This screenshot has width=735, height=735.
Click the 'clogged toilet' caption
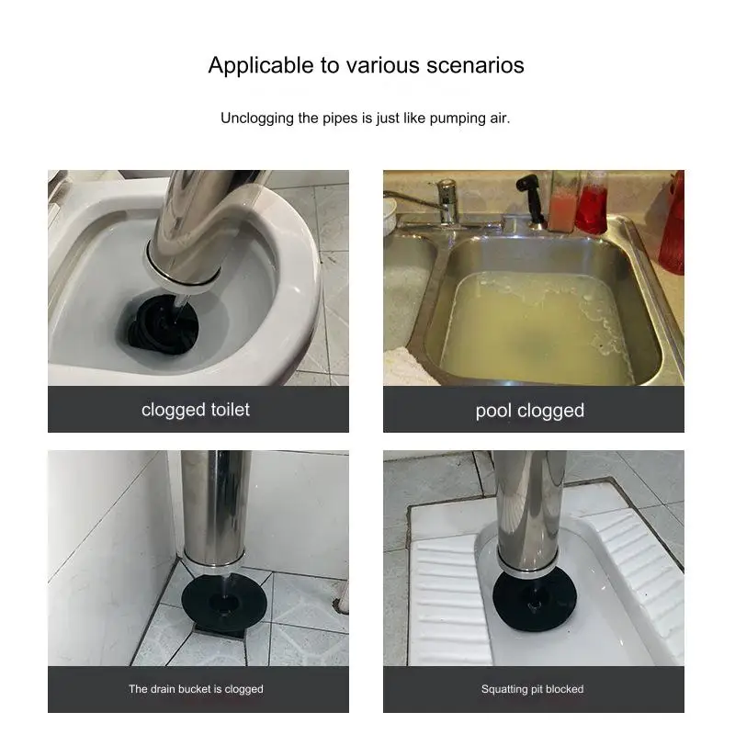pos(196,410)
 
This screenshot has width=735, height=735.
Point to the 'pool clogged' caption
pos(530,411)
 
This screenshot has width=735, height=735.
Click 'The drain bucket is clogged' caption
pos(196,689)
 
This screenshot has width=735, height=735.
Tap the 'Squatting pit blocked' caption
pos(532,689)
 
